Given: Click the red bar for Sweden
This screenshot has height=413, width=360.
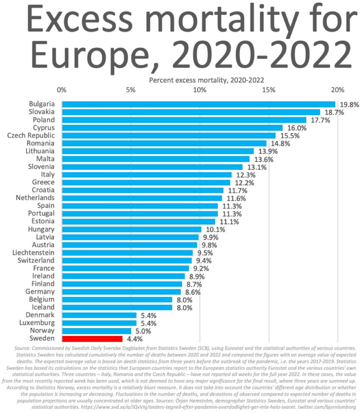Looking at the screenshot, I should tap(92, 339).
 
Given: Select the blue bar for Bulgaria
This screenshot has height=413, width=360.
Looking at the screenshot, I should tap(199, 104).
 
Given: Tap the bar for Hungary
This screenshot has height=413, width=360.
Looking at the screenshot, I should tap(131, 229).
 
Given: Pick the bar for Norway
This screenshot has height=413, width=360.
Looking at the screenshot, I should tap(96, 331).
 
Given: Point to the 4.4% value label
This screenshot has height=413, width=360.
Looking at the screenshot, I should tap(134, 339).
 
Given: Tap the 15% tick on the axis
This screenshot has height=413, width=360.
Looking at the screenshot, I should tap(268, 90).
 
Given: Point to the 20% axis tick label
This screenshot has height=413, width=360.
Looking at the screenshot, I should tap(337, 90).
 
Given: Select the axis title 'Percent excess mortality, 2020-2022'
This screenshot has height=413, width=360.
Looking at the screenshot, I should tap(206, 80).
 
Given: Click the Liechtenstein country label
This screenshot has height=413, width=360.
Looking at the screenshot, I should tap(33, 253).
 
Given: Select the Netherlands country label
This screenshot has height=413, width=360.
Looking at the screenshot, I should tap(35, 198).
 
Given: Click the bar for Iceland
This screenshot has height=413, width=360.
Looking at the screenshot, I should tap(117, 307).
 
